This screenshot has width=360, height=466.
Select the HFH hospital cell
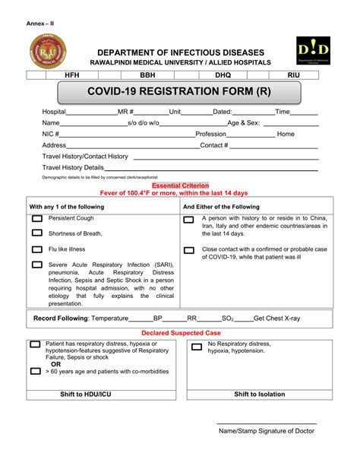tap(72, 76)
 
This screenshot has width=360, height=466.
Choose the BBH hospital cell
tap(147, 76)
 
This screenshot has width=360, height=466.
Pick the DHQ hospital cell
tap(222, 76)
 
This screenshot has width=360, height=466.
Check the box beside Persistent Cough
tap(36, 219)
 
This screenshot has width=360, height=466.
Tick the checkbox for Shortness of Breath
tap(36, 234)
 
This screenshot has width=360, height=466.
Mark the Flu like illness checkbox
tap(36, 249)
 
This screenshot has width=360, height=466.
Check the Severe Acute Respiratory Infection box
tap(36, 265)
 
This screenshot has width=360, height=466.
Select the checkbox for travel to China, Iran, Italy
tap(189, 220)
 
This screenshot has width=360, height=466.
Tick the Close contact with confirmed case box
tap(189, 250)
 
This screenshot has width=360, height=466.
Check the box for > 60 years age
tap(36, 372)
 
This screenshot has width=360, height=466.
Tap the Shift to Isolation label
tap(259, 395)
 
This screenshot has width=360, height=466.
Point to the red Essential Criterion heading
tap(181, 185)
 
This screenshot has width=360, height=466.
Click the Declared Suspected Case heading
tap(181, 333)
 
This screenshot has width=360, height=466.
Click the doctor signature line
tap(266, 423)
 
